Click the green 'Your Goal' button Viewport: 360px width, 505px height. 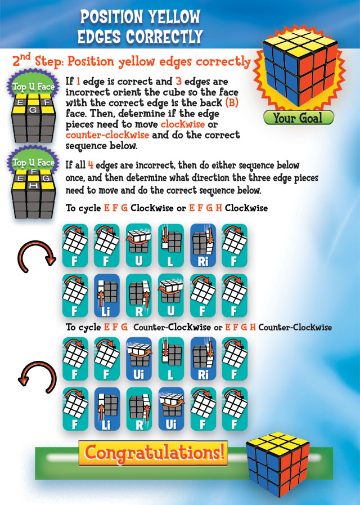(x=298, y=118)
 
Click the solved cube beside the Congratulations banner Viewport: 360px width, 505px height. (x=278, y=459)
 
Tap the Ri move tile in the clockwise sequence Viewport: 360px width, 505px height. (x=202, y=245)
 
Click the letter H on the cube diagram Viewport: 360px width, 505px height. (x=33, y=186)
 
